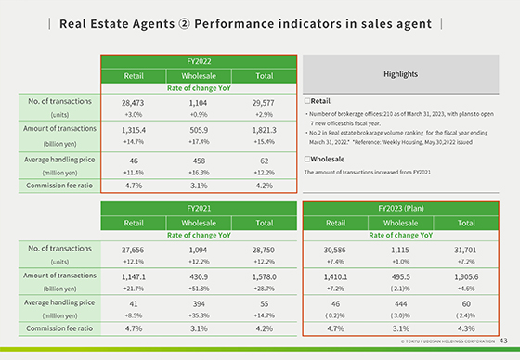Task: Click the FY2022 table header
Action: pyautogui.click(x=200, y=60)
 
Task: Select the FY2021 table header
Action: pyautogui.click(x=200, y=209)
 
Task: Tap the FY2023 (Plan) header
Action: pyautogui.click(x=402, y=209)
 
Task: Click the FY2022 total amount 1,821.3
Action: pyautogui.click(x=266, y=133)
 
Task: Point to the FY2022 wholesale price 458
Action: pyautogui.click(x=200, y=160)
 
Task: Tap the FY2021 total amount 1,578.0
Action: pyautogui.click(x=266, y=276)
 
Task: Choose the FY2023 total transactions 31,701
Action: pyautogui.click(x=468, y=250)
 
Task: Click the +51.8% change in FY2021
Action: pyautogui.click(x=200, y=289)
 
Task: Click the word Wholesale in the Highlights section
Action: pyautogui.click(x=324, y=159)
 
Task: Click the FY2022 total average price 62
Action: pyautogui.click(x=266, y=160)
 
